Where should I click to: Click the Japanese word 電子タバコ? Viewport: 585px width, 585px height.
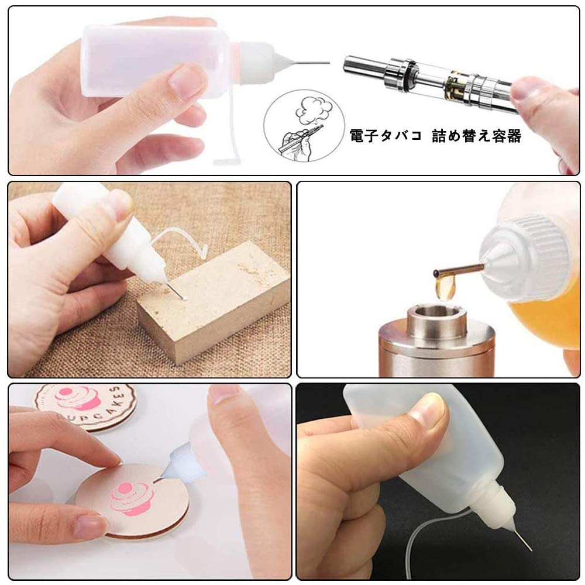pyautogui.click(x=386, y=135)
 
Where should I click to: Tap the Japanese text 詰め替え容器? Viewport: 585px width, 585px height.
pyautogui.click(x=476, y=136)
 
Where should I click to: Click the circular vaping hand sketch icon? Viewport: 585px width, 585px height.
pyautogui.click(x=304, y=126)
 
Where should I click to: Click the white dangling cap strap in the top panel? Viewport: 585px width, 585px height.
pyautogui.click(x=229, y=123)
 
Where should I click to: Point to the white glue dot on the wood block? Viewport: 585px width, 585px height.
pyautogui.click(x=184, y=297)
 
